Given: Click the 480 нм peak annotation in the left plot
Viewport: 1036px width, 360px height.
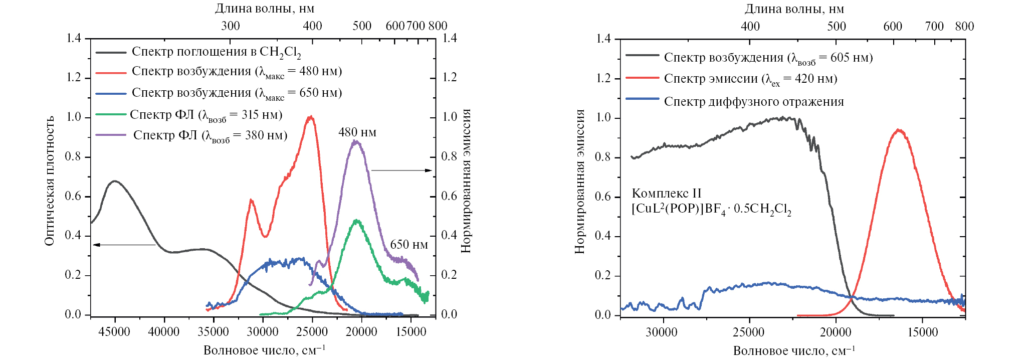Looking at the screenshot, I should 357,132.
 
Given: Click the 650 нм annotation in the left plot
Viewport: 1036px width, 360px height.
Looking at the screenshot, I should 408,245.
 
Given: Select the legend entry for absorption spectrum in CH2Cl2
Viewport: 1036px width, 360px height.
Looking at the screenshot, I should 216,52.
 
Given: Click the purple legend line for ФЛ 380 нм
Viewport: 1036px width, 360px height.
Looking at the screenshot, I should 111,135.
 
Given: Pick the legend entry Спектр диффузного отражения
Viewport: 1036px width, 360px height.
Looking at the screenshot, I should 753,102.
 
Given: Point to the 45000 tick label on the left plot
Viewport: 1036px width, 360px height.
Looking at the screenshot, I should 114,332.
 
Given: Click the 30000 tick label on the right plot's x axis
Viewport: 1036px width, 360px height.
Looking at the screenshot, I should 662,332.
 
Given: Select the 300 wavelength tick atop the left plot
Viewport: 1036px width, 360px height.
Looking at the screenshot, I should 230,26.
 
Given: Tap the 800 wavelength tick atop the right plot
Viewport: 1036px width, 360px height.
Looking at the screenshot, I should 964,27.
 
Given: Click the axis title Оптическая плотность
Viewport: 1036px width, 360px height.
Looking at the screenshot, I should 49,181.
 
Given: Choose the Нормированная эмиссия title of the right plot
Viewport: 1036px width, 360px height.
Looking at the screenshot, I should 580,181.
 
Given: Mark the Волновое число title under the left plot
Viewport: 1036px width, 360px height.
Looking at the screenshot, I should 264,350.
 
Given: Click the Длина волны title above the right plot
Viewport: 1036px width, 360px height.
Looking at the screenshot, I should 794,9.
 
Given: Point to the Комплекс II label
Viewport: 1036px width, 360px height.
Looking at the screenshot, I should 666,194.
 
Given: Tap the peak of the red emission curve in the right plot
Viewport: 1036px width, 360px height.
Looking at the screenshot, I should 899,130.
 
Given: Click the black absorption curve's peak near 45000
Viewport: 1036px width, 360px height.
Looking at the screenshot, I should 115,181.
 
